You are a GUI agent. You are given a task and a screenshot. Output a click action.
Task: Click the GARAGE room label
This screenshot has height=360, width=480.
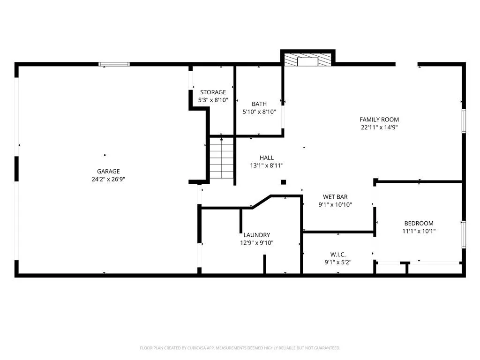click(108, 172)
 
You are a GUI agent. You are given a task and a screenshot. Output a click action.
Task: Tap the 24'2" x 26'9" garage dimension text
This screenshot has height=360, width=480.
click(108, 180)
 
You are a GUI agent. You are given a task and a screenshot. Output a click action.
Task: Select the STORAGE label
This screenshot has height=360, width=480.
click(213, 92)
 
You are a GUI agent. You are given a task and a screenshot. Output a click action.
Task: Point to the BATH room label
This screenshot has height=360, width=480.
click(259, 104)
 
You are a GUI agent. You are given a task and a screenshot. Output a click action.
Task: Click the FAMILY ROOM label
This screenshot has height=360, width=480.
click(379, 120)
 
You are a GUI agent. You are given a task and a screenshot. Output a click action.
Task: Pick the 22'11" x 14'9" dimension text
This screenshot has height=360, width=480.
click(379, 127)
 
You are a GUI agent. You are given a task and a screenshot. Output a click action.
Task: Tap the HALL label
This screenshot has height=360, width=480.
click(267, 157)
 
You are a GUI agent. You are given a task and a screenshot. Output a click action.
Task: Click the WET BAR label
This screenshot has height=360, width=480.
click(335, 197)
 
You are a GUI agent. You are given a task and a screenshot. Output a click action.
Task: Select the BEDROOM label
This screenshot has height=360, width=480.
click(419, 224)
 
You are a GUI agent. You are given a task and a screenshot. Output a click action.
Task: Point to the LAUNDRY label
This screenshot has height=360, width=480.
click(257, 235)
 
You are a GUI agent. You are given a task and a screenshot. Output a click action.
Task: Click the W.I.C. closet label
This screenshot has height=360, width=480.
click(338, 255)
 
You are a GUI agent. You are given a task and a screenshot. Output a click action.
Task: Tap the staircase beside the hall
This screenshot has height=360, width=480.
click(222, 158)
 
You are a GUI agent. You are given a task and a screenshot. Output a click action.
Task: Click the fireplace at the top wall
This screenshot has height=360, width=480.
click(307, 60)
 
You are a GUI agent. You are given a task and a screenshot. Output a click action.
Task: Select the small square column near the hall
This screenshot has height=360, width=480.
click(284, 182)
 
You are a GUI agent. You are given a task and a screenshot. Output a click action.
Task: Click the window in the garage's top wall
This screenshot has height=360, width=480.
click(114, 64)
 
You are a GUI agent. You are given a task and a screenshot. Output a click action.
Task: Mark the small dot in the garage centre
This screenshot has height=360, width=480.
click(105, 155)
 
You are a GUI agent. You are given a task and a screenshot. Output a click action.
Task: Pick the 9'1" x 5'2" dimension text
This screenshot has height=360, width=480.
click(338, 262)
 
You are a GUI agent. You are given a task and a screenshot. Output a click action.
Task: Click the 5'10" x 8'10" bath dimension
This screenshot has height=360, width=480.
click(259, 112)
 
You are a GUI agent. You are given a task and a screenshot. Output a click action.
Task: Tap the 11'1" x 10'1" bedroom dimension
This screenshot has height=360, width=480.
click(419, 232)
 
